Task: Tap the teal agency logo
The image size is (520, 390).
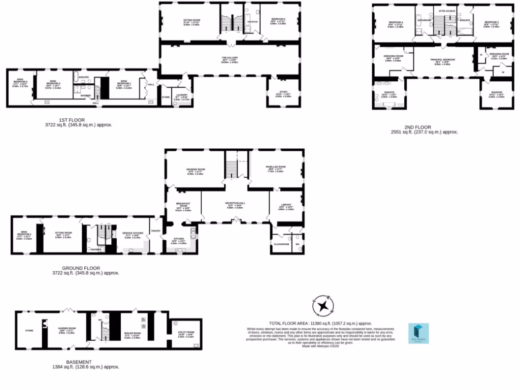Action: coord(418,334)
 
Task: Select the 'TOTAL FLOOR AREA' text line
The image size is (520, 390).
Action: coord(320,323)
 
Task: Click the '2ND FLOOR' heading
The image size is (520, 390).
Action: coord(418,127)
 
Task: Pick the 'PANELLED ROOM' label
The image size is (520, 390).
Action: coord(276,167)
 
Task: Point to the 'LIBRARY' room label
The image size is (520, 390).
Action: coord(286,205)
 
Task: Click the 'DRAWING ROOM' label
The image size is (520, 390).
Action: coord(196,170)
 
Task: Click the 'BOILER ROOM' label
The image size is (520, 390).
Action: coord(132,334)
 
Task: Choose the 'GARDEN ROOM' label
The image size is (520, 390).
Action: coord(67,329)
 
